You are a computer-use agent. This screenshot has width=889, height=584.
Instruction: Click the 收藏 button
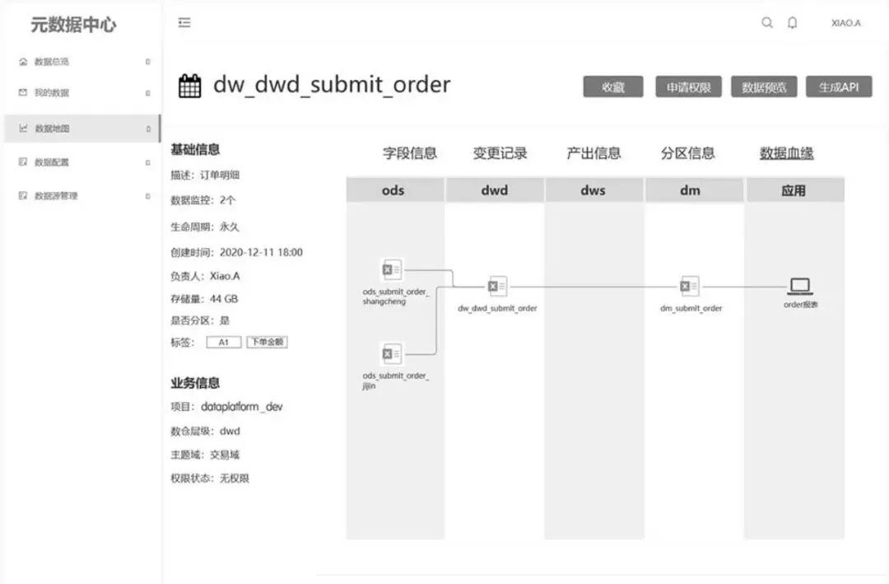613,87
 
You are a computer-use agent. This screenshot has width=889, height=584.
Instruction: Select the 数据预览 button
764,87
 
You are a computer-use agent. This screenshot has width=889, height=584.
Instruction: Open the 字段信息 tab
410,153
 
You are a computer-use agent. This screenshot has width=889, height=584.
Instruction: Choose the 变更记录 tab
500,153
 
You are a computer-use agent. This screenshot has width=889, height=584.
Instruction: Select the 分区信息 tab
687,153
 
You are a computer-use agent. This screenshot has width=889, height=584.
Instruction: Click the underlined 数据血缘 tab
786,153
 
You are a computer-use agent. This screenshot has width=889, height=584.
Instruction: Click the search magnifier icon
767,23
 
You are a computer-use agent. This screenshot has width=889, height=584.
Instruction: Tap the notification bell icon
792,23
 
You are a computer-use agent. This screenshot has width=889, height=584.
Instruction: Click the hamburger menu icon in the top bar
184,23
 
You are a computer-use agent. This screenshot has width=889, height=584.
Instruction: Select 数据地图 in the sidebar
52,128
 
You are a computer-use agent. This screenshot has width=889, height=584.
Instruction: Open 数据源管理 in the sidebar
56,196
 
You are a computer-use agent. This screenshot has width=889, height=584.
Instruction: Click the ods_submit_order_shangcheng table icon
392,269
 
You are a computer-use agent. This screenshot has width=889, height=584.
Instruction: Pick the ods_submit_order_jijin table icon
392,354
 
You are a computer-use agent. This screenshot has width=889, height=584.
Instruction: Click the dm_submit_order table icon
690,287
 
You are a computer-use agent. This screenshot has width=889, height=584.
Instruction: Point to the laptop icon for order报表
800,287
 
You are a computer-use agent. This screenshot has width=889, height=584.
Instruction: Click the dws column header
593,190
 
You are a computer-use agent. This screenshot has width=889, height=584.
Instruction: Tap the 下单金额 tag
267,342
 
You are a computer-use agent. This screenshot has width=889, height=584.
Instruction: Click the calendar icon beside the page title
190,86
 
